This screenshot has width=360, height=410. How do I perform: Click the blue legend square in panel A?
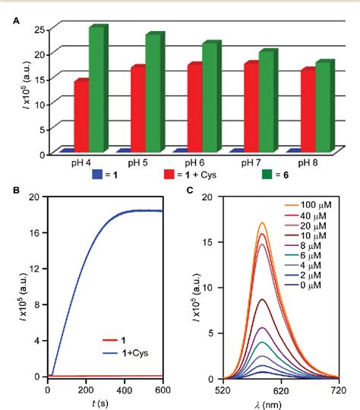tap(96, 175)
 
